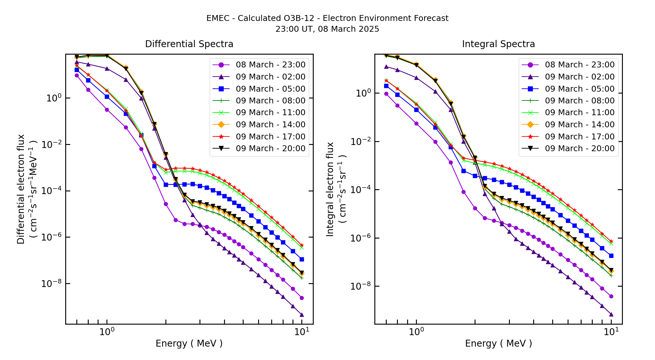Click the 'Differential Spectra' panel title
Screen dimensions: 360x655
(x=189, y=44)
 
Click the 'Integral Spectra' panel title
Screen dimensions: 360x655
(x=498, y=44)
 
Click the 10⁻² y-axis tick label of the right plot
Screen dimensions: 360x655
(x=361, y=142)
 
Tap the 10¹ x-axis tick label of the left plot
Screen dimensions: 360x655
(x=301, y=332)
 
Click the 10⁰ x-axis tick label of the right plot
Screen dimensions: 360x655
(x=416, y=332)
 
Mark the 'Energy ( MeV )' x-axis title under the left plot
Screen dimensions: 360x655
(x=189, y=343)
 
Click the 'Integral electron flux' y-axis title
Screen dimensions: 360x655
(x=330, y=189)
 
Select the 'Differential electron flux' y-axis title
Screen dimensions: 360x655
(x=21, y=189)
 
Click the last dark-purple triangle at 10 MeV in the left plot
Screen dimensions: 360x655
(x=302, y=315)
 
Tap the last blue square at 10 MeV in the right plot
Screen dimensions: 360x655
(x=611, y=256)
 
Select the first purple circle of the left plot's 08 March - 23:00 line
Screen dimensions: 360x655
(x=77, y=75)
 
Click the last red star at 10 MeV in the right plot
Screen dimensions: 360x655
(x=611, y=241)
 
